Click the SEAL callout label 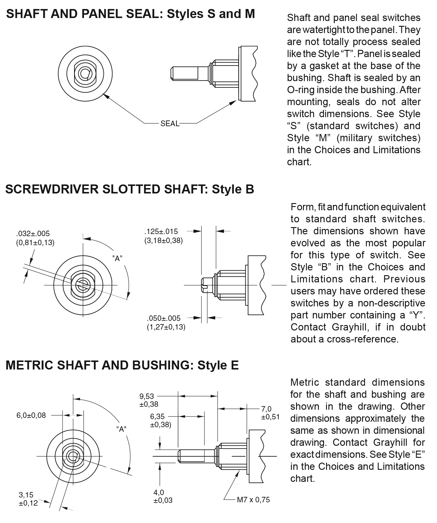click(170, 123)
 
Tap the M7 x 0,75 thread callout click(253, 500)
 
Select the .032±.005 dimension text click(33, 233)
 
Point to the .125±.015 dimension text click(161, 231)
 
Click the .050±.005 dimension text click(164, 318)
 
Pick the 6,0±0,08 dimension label click(31, 415)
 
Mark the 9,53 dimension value click(146, 396)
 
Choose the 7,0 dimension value click(266, 409)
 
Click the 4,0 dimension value click(159, 492)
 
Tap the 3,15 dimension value click(26, 495)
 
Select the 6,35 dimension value click(157, 416)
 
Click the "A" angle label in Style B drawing click(117, 258)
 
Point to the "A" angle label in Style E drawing click(121, 429)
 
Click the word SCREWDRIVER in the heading click(52, 189)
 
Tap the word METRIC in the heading click(29, 365)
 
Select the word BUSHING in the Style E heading click(161, 365)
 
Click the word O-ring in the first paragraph click(300, 90)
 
